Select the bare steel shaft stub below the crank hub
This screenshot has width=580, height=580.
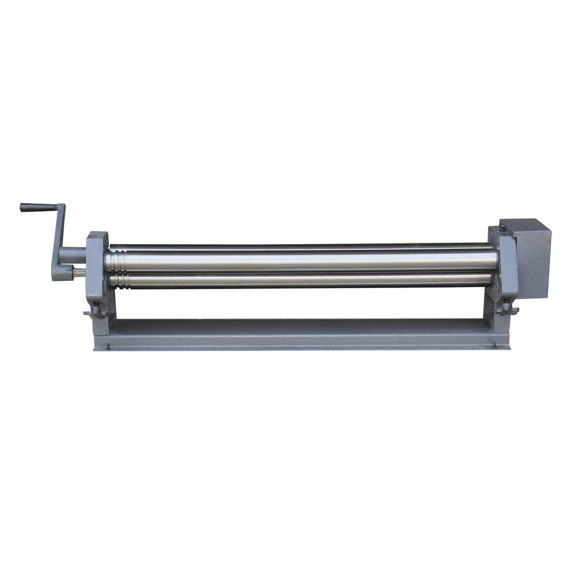(79, 273)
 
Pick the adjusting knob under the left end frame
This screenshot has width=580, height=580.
(96, 313)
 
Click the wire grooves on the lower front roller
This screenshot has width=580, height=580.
(117, 280)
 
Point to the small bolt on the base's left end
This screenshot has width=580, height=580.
(108, 347)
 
